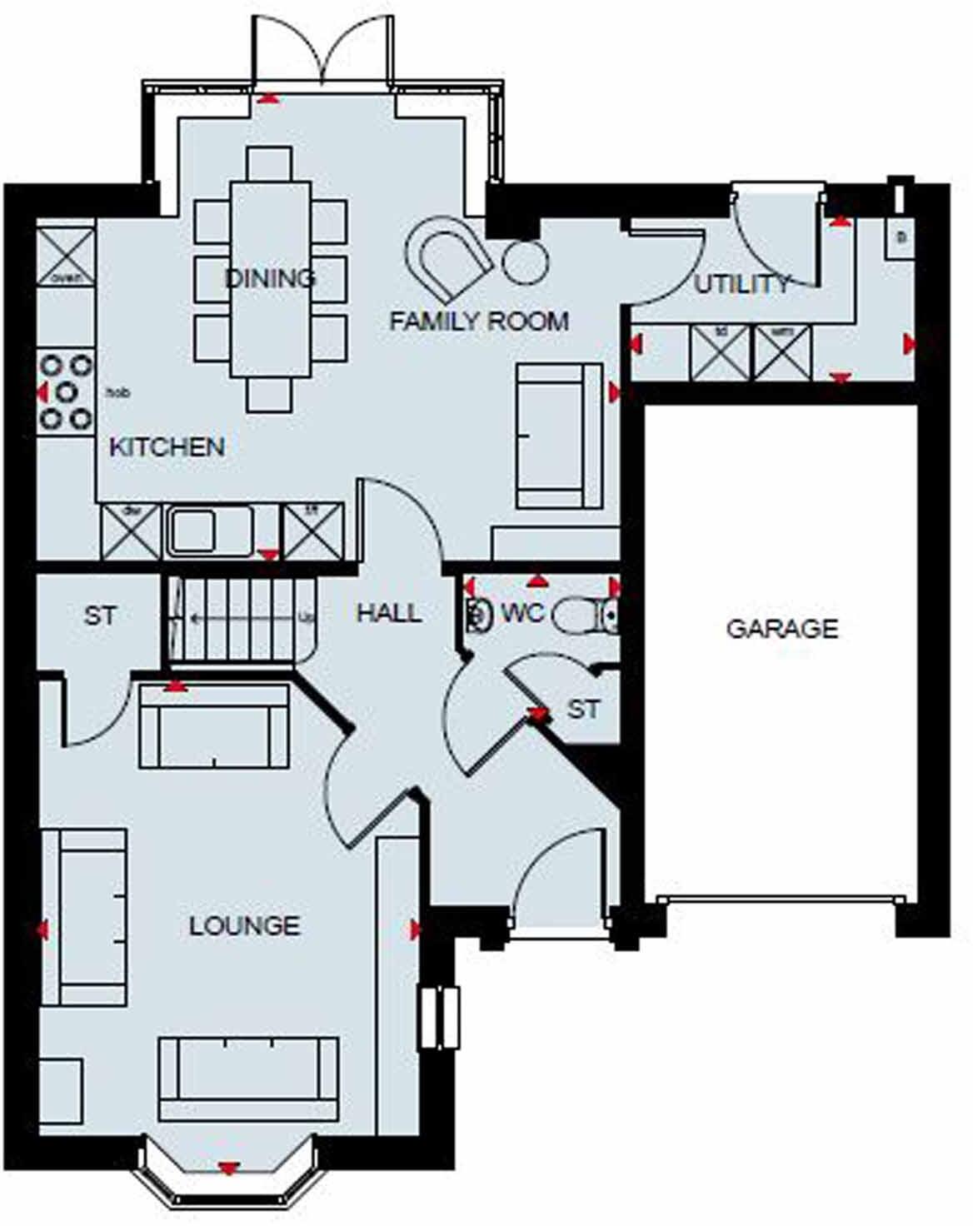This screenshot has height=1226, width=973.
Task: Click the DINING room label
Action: [x=271, y=277]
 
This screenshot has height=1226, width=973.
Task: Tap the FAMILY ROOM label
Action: [x=479, y=321]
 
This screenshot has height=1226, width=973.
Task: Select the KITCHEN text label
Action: [x=167, y=447]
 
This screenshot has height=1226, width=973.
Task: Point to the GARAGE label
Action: [x=782, y=628]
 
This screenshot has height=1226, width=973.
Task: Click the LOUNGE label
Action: [x=244, y=925]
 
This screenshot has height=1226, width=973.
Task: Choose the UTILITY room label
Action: [x=741, y=285]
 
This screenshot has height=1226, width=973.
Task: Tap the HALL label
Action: [x=388, y=614]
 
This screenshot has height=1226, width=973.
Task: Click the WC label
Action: [x=522, y=614]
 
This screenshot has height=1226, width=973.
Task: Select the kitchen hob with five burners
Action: [x=66, y=391]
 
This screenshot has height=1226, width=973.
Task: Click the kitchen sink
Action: [x=210, y=531]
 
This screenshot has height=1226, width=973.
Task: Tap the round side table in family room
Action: [x=526, y=262]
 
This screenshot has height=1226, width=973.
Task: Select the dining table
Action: [x=270, y=279]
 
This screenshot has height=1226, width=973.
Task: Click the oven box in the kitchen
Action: [x=66, y=256]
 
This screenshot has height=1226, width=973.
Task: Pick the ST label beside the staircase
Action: [x=100, y=616]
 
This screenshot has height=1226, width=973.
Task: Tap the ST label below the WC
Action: [x=583, y=710]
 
